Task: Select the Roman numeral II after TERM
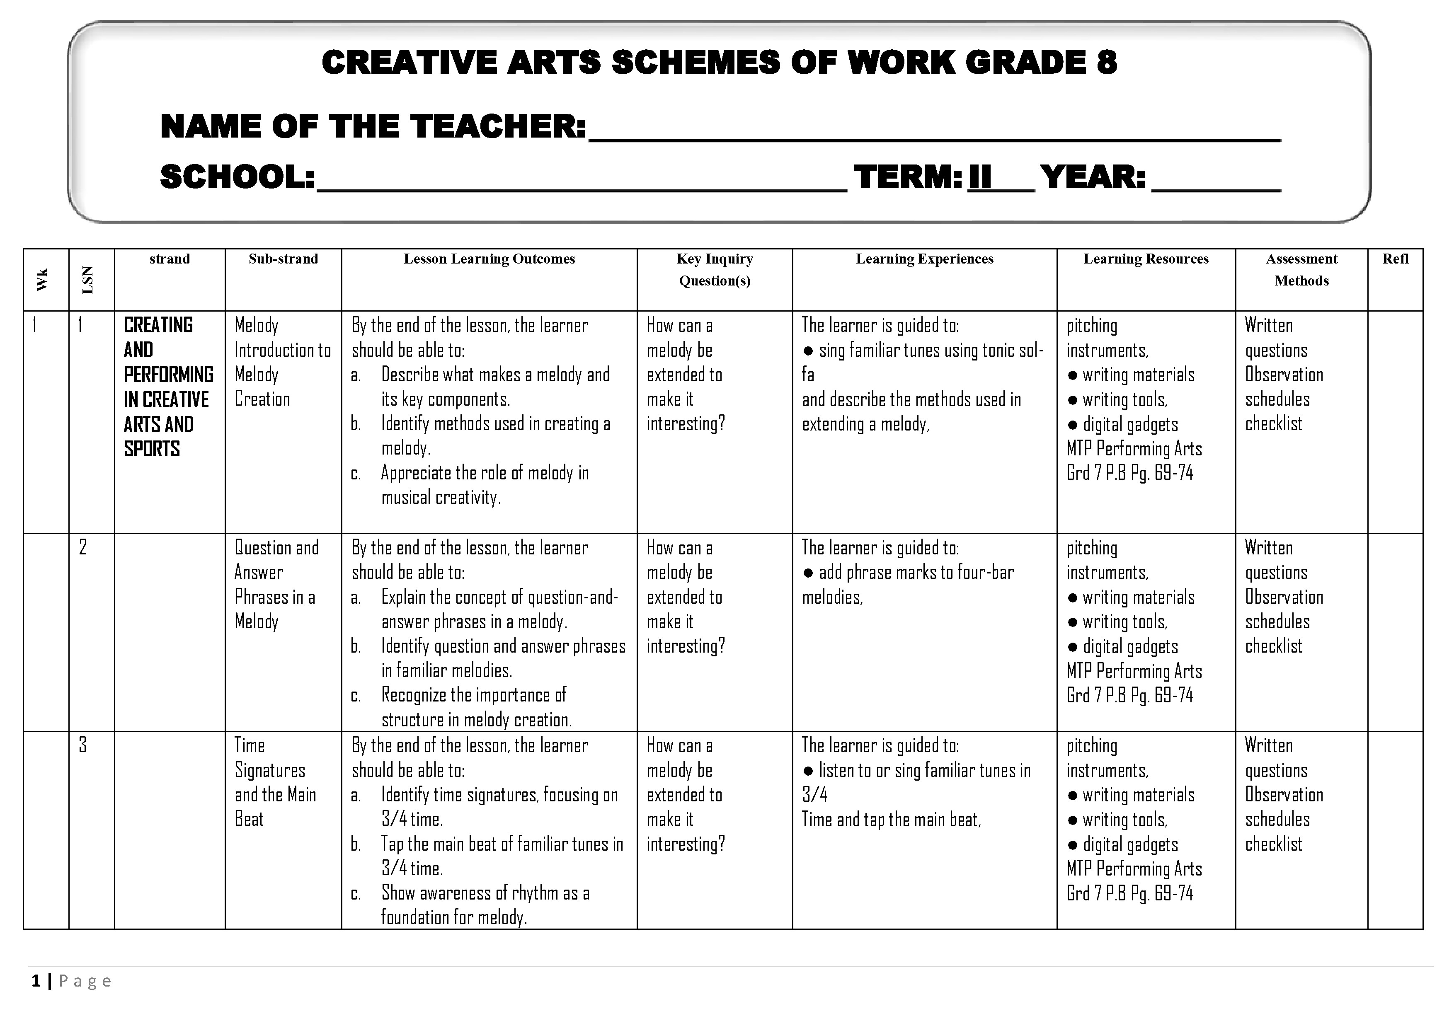pyautogui.click(x=980, y=177)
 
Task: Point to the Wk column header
pyautogui.click(x=42, y=280)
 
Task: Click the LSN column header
pyautogui.click(x=88, y=280)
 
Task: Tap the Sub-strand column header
pyautogui.click(x=283, y=259)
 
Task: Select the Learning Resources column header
pyautogui.click(x=1146, y=259)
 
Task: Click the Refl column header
pyautogui.click(x=1395, y=259)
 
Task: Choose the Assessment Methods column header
pyautogui.click(x=1301, y=270)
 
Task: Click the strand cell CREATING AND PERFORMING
pyautogui.click(x=168, y=387)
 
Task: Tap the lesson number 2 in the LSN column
pyautogui.click(x=83, y=547)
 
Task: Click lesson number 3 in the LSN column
pyautogui.click(x=83, y=745)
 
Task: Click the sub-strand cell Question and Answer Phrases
pyautogui.click(x=276, y=584)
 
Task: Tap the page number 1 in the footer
pyautogui.click(x=36, y=981)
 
